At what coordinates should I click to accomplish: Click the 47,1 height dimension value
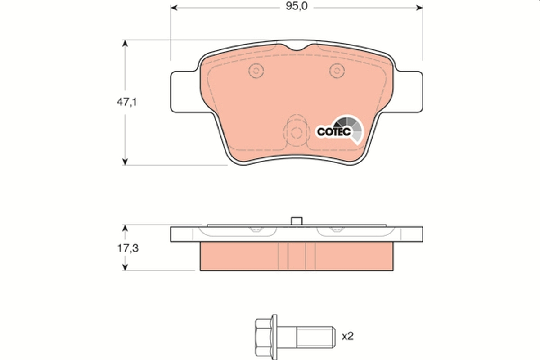[x=127, y=102]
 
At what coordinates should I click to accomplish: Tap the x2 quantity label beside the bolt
[x=348, y=336]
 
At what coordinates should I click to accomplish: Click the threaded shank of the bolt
[x=315, y=336]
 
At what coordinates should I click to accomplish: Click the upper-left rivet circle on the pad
[x=256, y=71]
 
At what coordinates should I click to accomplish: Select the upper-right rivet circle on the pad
[x=336, y=70]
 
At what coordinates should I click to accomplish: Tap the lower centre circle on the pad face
[x=296, y=133]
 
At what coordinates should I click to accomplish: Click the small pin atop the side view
[x=297, y=220]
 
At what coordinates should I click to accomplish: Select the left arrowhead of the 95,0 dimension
[x=174, y=8]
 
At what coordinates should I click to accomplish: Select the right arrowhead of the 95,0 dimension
[x=419, y=8]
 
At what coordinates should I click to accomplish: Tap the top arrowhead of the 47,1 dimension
[x=126, y=43]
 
